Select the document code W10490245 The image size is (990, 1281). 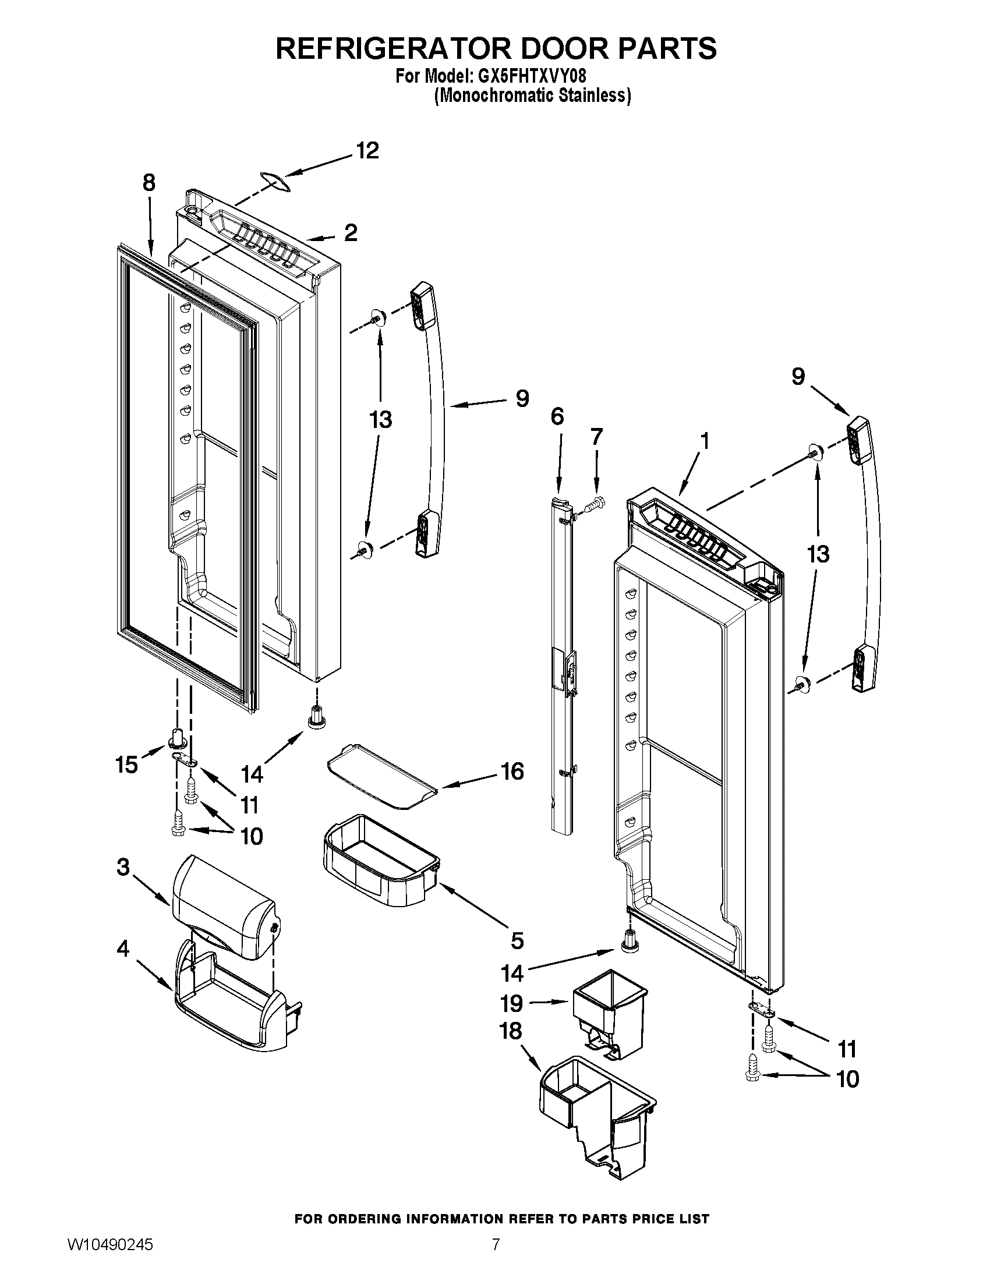pos(110,1257)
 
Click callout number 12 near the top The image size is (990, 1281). pos(367,151)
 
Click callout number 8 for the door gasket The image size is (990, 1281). pos(149,183)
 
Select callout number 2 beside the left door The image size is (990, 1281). pos(350,233)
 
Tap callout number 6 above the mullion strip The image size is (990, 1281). pos(557,416)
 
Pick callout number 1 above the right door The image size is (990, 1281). pos(705,441)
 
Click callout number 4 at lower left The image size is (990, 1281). pos(122,949)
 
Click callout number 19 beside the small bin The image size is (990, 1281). pos(511,1003)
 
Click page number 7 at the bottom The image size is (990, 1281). pos(496,1257)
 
